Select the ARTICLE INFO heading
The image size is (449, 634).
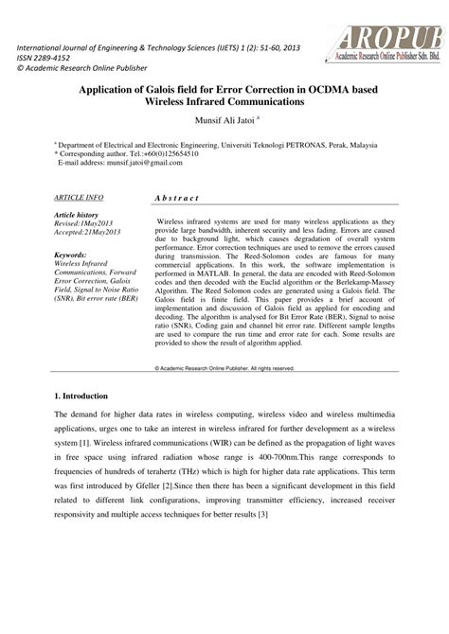point(79,197)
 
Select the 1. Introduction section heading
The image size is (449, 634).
point(81,396)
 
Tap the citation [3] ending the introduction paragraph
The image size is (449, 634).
point(264,514)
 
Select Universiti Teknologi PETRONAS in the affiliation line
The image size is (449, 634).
point(290,144)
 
